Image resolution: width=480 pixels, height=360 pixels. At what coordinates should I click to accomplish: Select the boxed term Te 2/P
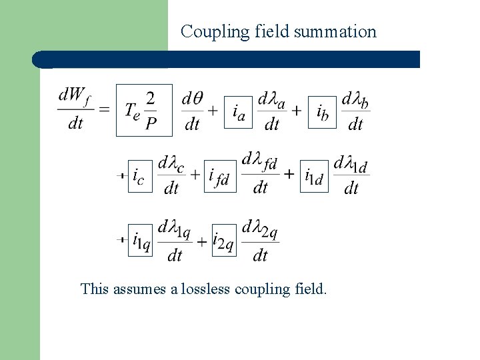pyautogui.click(x=144, y=110)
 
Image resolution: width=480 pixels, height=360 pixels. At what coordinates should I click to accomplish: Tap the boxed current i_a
pyautogui.click(x=238, y=111)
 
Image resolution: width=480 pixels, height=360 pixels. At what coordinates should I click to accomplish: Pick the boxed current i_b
pyautogui.click(x=323, y=111)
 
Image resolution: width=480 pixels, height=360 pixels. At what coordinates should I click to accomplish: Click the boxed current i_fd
pyautogui.click(x=219, y=175)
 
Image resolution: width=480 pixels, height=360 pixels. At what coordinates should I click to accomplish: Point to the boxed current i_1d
pyautogui.click(x=314, y=175)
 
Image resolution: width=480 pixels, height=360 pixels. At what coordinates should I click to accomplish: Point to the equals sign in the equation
pyautogui.click(x=105, y=110)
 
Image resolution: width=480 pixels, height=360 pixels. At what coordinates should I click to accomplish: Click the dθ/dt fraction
pyautogui.click(x=192, y=110)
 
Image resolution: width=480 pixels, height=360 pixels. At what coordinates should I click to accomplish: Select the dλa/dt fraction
pyautogui.click(x=271, y=110)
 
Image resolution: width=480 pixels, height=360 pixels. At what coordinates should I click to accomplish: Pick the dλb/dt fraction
pyautogui.click(x=355, y=110)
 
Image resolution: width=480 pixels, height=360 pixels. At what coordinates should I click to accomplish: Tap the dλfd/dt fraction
pyautogui.click(x=260, y=174)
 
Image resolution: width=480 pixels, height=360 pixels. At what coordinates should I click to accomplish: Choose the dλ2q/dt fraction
pyautogui.click(x=260, y=239)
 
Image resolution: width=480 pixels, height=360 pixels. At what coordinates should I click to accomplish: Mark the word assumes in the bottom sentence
pyautogui.click(x=136, y=289)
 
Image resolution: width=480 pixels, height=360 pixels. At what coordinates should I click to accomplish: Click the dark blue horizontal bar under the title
pyautogui.click(x=227, y=59)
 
